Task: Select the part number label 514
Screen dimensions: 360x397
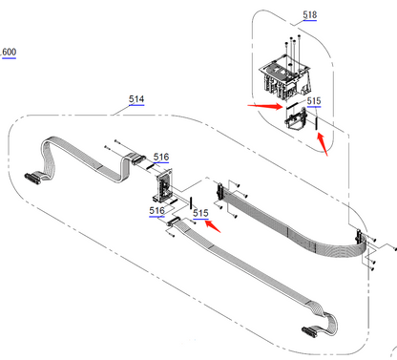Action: pyautogui.click(x=136, y=99)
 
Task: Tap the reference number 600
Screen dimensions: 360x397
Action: pyautogui.click(x=9, y=51)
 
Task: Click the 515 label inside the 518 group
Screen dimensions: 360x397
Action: pyautogui.click(x=314, y=99)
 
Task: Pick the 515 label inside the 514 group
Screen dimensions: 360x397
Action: pyautogui.click(x=200, y=213)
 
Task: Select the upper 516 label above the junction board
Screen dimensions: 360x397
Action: pyautogui.click(x=160, y=157)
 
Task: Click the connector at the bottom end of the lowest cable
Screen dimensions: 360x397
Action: pyautogui.click(x=309, y=332)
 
